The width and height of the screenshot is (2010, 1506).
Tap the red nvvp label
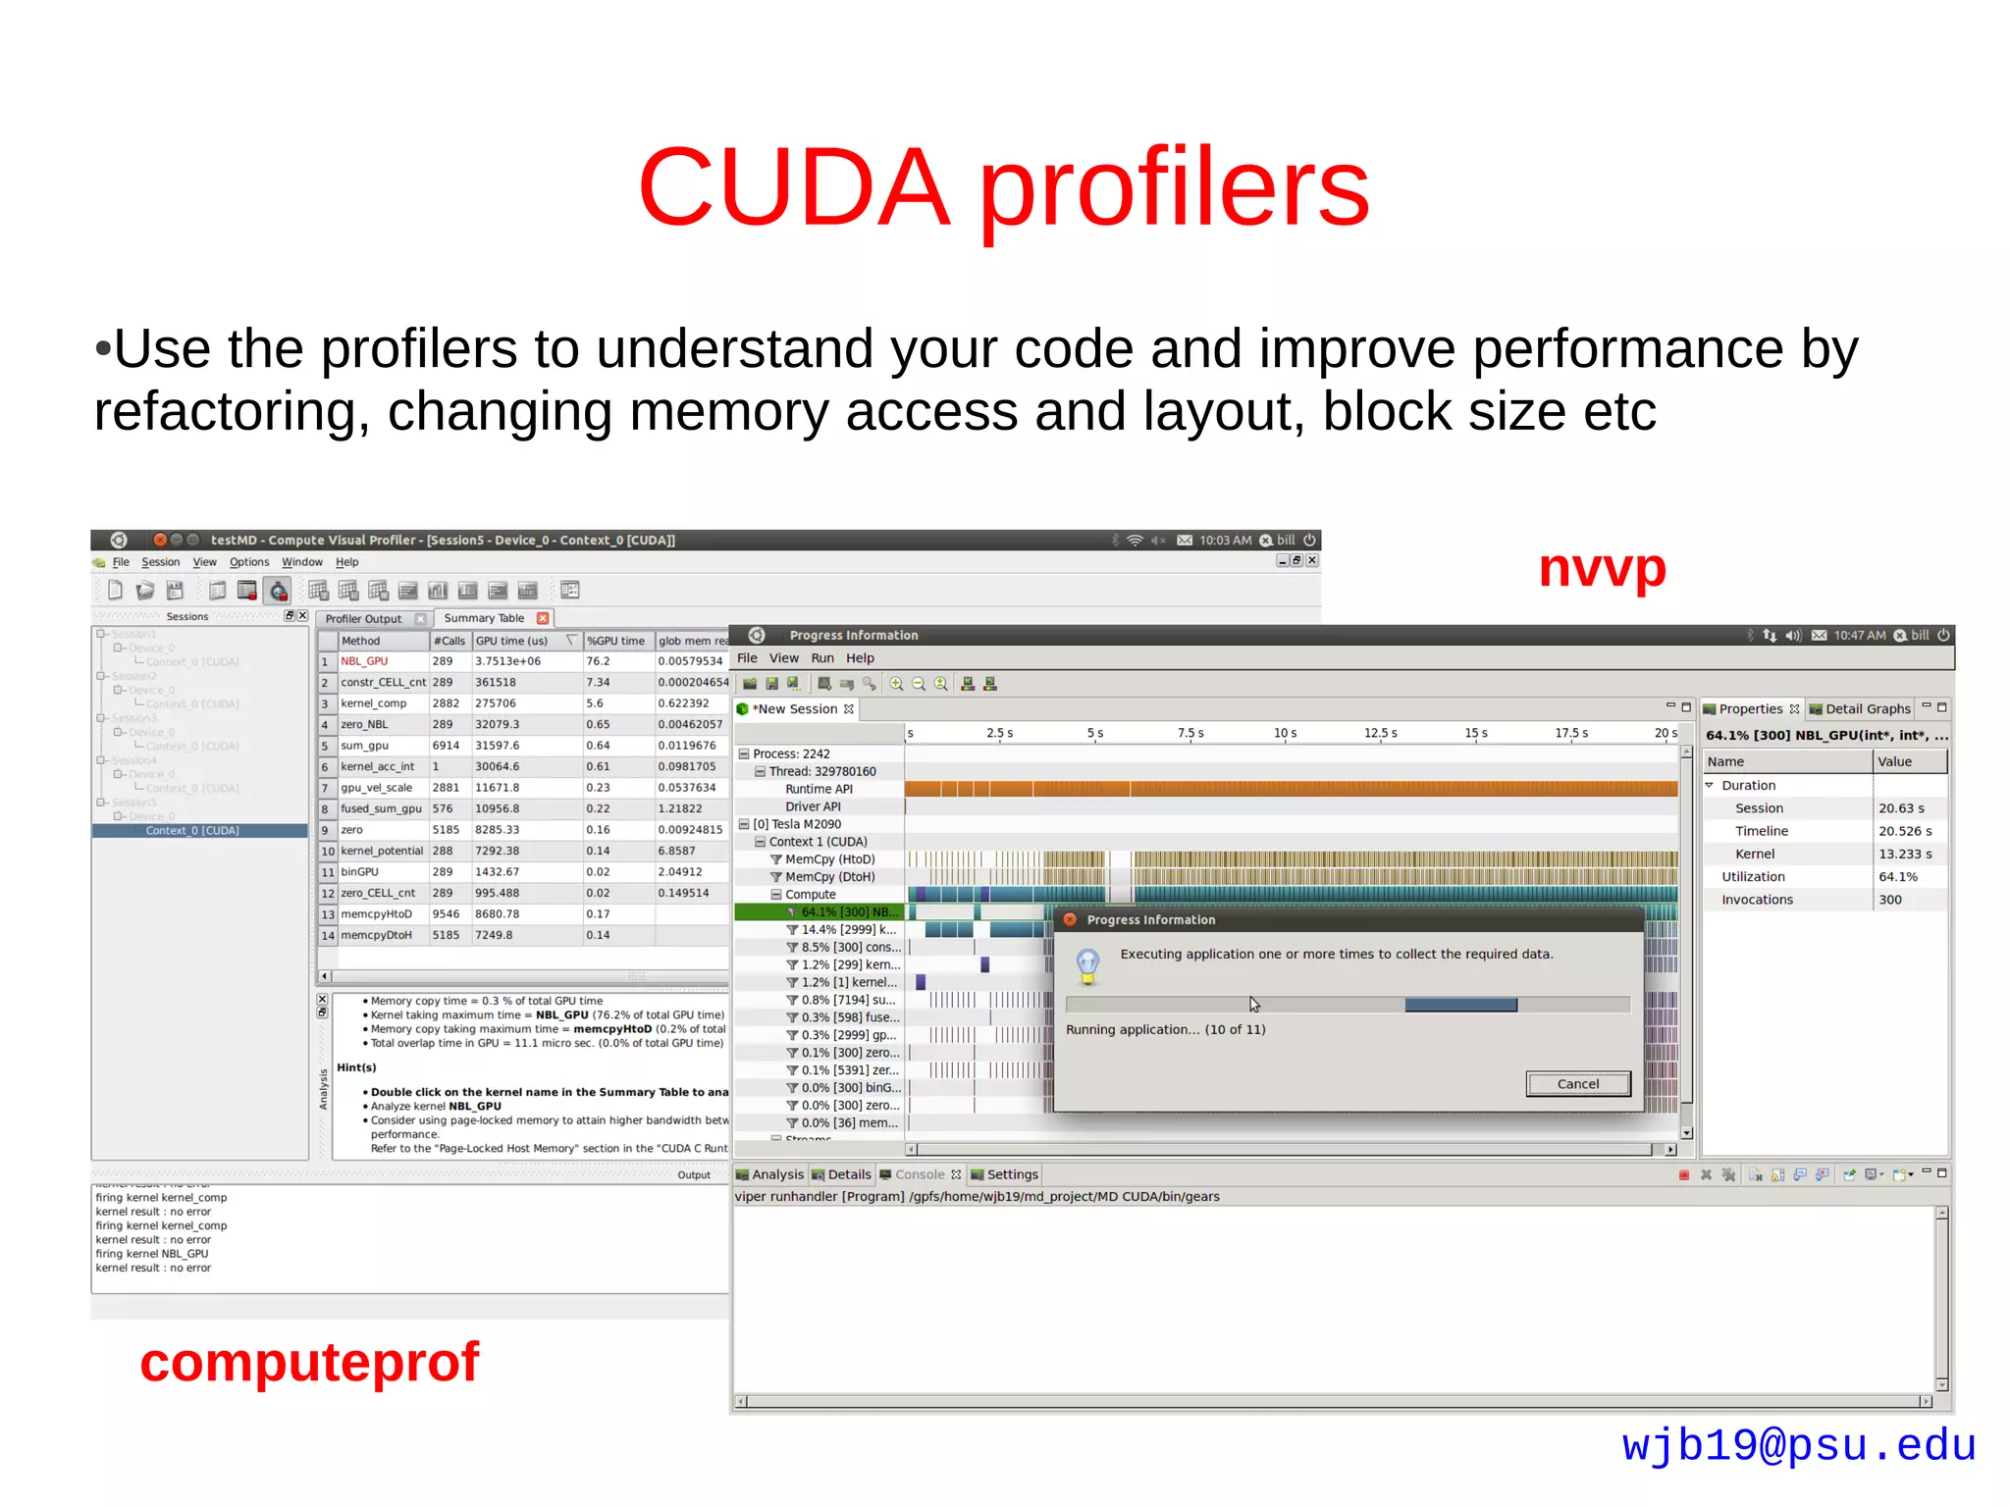click(x=1601, y=568)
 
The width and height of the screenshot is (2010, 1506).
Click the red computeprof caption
click(x=308, y=1362)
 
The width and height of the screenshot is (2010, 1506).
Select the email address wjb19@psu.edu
click(x=1798, y=1445)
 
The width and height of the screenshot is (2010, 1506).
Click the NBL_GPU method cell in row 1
click(x=364, y=661)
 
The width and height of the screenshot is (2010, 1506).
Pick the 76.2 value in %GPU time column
click(x=598, y=661)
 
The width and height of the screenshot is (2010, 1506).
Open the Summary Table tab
click(x=484, y=618)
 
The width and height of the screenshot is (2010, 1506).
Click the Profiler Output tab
click(x=363, y=619)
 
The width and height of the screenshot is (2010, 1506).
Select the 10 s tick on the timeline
click(x=1285, y=733)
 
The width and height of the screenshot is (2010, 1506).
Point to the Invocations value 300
click(x=1889, y=900)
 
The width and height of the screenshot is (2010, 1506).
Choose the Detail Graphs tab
click(x=1867, y=708)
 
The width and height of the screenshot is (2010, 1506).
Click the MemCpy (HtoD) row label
click(x=829, y=859)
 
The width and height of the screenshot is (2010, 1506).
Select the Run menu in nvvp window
click(x=822, y=658)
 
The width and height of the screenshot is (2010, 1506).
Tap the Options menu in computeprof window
click(x=249, y=562)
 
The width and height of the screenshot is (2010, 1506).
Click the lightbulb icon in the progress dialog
click(x=1087, y=964)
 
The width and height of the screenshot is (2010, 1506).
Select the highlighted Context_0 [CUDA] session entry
click(x=192, y=831)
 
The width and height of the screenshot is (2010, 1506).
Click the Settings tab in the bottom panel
click(x=1011, y=1174)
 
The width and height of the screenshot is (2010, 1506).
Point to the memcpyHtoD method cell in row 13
click(x=376, y=914)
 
